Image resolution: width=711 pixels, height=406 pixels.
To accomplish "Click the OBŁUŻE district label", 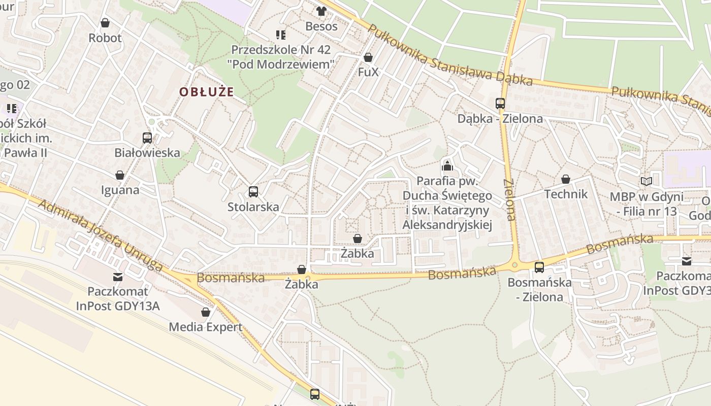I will click(x=206, y=92).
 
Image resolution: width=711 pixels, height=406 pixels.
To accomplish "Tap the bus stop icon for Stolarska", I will click(x=253, y=192).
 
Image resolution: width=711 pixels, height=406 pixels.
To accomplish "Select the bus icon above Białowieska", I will click(x=147, y=138).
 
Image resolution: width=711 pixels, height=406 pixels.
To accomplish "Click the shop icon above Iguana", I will click(x=120, y=175).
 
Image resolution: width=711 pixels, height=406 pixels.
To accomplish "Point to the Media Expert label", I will click(x=206, y=327).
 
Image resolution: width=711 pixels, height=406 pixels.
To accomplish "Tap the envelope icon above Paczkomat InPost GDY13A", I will click(x=118, y=277).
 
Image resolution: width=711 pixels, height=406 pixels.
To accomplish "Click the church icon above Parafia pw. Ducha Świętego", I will click(x=447, y=165).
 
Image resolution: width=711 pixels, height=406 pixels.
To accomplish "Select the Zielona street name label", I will click(x=509, y=199).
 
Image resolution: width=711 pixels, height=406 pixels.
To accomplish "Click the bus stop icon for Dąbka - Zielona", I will click(x=500, y=104).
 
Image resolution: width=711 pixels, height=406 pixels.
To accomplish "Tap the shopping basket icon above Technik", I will click(x=566, y=179).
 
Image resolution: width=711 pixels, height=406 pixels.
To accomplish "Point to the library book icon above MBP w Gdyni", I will click(x=646, y=181).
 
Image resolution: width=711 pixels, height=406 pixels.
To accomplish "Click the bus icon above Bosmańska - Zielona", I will click(x=539, y=267).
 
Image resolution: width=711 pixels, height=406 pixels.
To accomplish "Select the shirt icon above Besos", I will click(x=321, y=11).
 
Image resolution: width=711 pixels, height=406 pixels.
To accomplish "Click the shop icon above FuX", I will click(x=368, y=57).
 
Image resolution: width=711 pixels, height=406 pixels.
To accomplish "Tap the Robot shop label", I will click(x=105, y=38).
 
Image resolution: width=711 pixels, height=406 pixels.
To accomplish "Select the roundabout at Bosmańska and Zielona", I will click(x=515, y=264).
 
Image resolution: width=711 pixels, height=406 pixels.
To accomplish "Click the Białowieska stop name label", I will click(x=147, y=153).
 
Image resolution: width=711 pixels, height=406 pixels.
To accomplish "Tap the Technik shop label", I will click(x=566, y=194).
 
